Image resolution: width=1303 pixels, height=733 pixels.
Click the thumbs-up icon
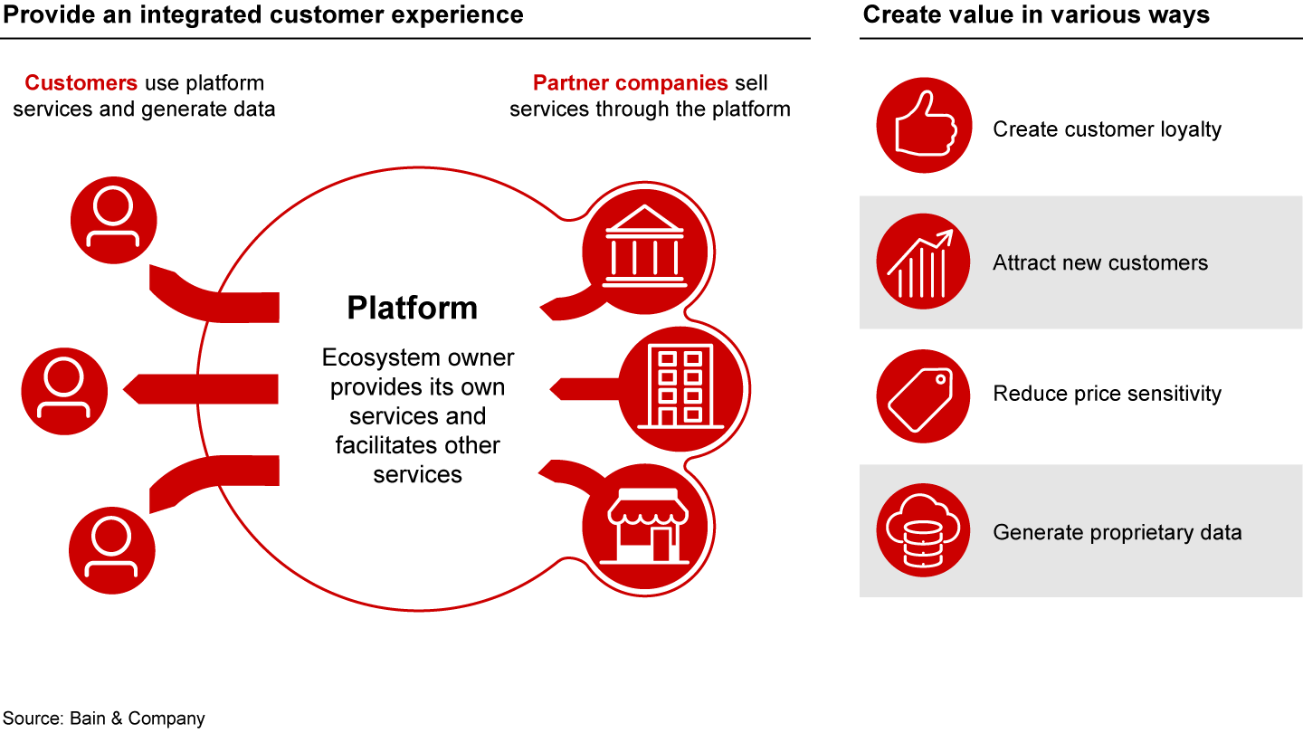[x=923, y=125]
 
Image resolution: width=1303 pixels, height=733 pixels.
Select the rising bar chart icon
[x=923, y=261]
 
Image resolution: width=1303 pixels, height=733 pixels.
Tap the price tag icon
[x=923, y=395]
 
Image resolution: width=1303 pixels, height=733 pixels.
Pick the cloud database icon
[x=923, y=530]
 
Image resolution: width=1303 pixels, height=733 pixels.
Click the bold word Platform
[x=412, y=308]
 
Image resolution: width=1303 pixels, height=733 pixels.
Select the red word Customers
[x=81, y=83]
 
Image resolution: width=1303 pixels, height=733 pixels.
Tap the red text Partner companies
[x=630, y=83]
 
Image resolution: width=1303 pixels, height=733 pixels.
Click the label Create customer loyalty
[x=1107, y=129]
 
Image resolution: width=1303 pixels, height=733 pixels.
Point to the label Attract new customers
[x=1100, y=263]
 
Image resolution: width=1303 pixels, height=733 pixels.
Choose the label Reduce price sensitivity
[x=1107, y=394]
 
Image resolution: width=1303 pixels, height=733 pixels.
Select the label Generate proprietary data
[x=1117, y=532]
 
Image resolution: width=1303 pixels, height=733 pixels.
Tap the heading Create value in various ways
[x=1036, y=14]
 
